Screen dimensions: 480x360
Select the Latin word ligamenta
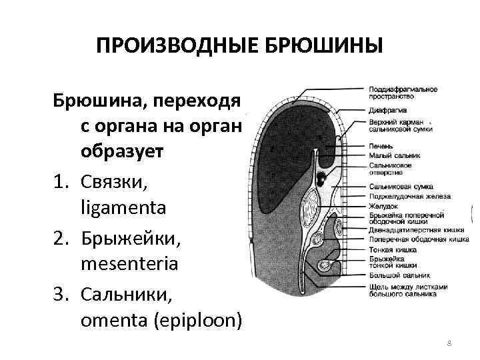(123, 209)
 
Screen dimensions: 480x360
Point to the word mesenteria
(129, 264)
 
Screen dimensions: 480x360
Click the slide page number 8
(449, 342)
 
